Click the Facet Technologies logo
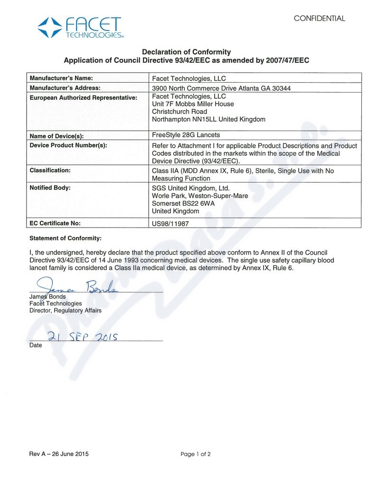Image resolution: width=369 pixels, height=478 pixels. (80, 28)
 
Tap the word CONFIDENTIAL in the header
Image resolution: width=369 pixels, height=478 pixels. (319, 19)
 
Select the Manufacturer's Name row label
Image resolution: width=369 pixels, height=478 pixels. (61, 78)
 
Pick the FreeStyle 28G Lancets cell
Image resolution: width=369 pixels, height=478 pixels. (185, 135)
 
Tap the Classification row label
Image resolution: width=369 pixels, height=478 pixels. (50, 170)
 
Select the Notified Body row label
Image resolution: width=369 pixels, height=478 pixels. (50, 188)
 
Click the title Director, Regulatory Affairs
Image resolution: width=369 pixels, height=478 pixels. (65, 310)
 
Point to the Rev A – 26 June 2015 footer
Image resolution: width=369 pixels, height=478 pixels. (59, 454)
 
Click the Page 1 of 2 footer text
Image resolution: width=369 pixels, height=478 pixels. (196, 454)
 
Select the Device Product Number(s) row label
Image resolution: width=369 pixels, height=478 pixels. (68, 145)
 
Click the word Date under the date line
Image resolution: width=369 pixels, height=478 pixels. (36, 345)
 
